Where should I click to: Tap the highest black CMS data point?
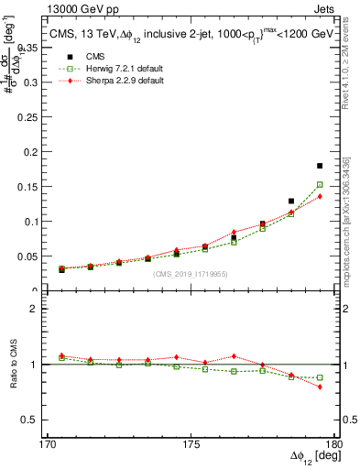click(x=319, y=166)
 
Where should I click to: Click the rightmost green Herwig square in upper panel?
click(x=319, y=185)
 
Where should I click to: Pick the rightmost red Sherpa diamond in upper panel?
click(x=319, y=196)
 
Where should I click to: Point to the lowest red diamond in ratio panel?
click(x=319, y=387)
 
